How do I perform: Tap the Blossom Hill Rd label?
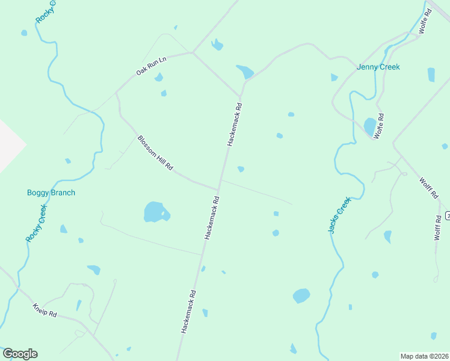point(155,153)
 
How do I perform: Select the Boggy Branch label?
point(51,193)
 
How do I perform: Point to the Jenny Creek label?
point(378,67)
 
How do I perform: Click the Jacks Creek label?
point(339,215)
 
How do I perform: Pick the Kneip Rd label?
point(44,310)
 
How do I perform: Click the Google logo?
point(20,354)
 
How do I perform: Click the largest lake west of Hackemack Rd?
point(155,212)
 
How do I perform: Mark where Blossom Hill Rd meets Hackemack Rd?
point(218,189)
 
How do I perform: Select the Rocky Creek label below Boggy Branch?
point(35,223)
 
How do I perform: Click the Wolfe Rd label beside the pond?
point(379,126)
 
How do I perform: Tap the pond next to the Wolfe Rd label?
point(369,126)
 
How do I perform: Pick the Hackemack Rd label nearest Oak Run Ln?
point(234,125)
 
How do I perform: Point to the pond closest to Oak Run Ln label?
point(159,77)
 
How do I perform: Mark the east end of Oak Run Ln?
point(192,53)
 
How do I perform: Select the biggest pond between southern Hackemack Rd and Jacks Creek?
point(301,295)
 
